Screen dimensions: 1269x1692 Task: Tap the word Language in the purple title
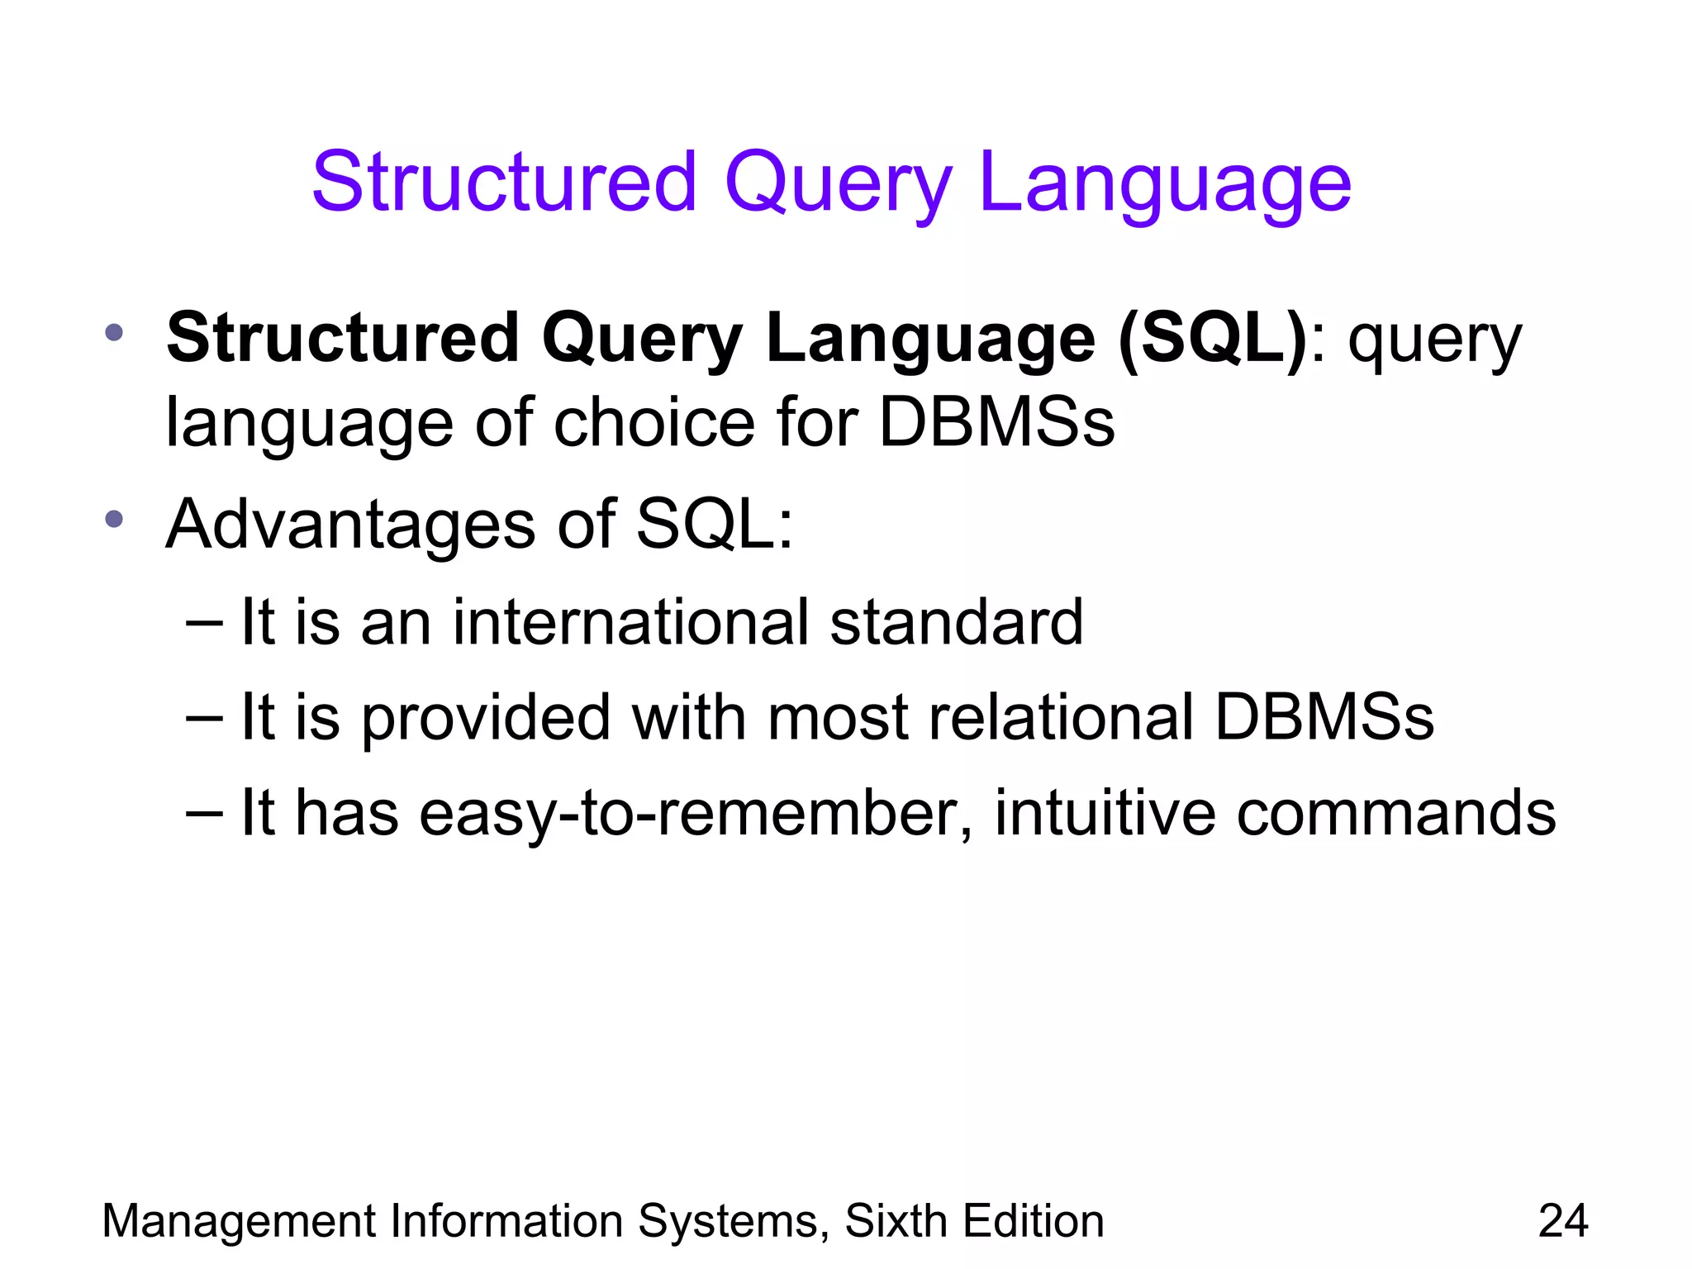pos(1165,183)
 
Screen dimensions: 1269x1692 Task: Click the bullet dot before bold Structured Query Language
pos(114,334)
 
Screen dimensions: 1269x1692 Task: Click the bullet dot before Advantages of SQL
pos(114,520)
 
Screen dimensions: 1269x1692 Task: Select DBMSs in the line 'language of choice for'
pos(996,423)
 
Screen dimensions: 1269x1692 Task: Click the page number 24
pos(1563,1221)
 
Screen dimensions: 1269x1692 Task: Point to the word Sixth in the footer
pos(896,1221)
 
